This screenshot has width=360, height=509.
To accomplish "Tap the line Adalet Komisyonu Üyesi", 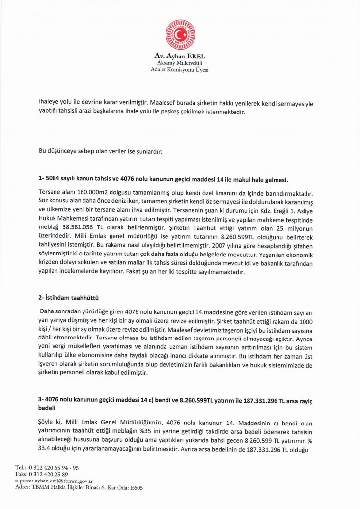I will [x=180, y=71].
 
